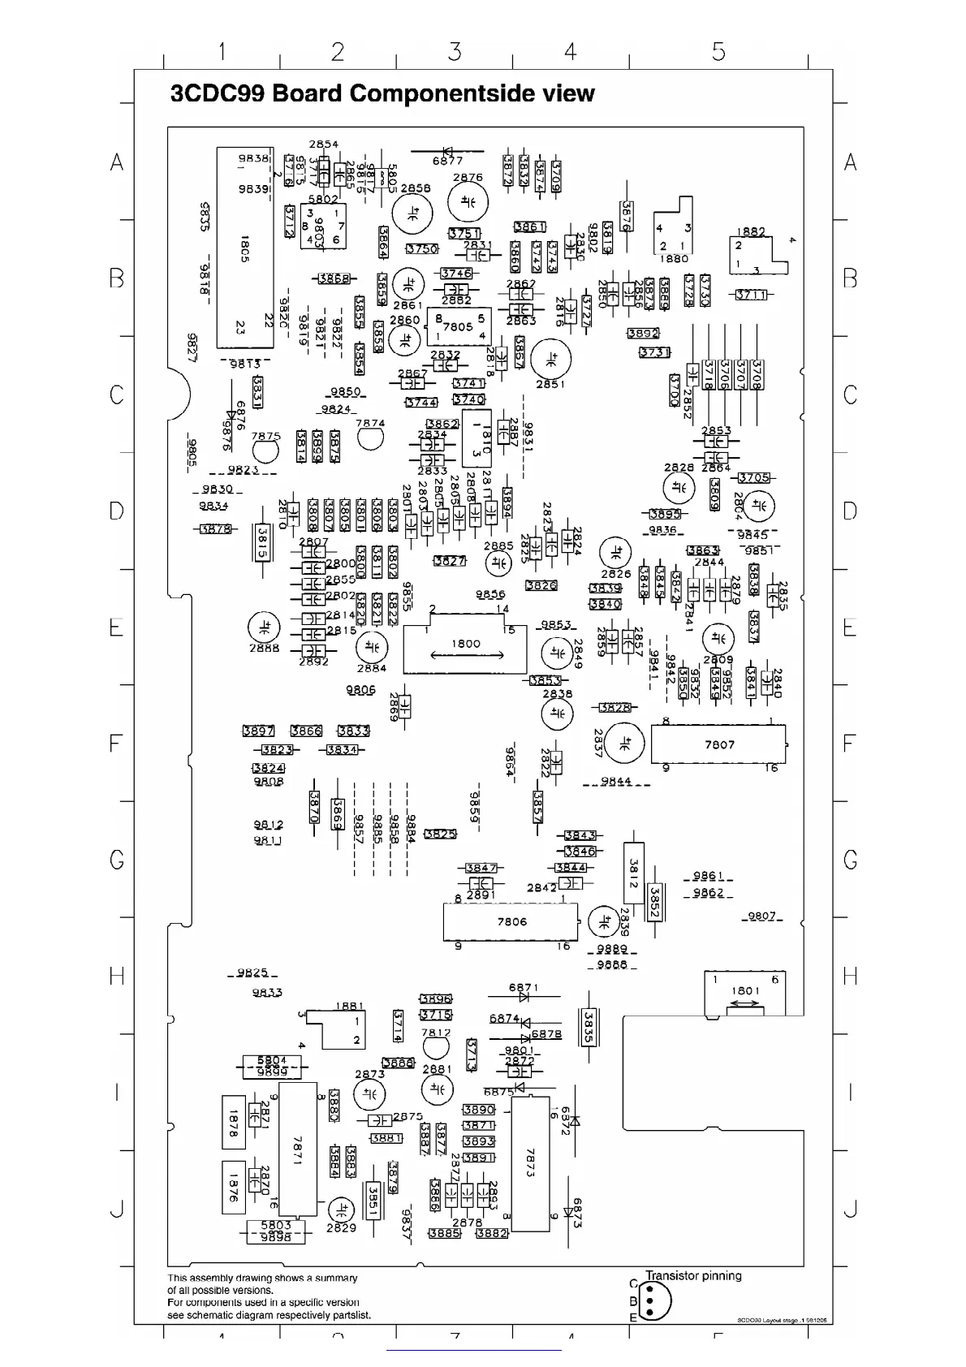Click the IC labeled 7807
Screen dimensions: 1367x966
coord(718,744)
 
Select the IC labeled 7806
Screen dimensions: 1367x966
coord(511,921)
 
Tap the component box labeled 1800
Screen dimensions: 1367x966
coord(465,645)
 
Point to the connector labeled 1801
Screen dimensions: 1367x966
coord(744,993)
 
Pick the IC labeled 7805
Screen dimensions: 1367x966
coord(458,326)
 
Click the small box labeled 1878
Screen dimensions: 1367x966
coord(233,1123)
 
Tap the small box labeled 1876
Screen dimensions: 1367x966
coord(233,1186)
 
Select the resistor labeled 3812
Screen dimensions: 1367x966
coord(634,873)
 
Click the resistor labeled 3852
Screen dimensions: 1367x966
coord(654,902)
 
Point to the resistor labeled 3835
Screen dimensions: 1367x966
coord(589,1027)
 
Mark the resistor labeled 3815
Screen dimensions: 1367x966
coord(261,541)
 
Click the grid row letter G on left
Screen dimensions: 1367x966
coord(118,860)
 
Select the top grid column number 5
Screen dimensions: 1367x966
coord(718,52)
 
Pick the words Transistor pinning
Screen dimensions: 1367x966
coord(693,1276)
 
